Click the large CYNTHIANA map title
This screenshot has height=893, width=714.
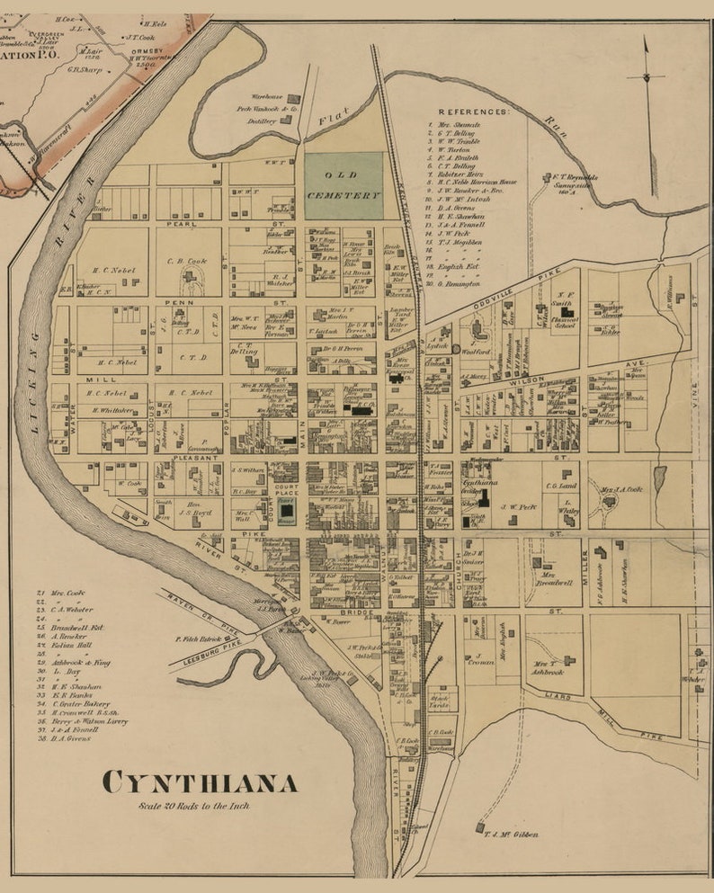[x=199, y=782]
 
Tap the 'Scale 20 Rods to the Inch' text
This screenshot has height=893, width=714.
[x=194, y=806]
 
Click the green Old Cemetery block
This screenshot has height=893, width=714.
[x=344, y=186]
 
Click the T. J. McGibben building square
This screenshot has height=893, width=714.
[x=480, y=826]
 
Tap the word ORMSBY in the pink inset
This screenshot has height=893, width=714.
[x=149, y=51]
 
